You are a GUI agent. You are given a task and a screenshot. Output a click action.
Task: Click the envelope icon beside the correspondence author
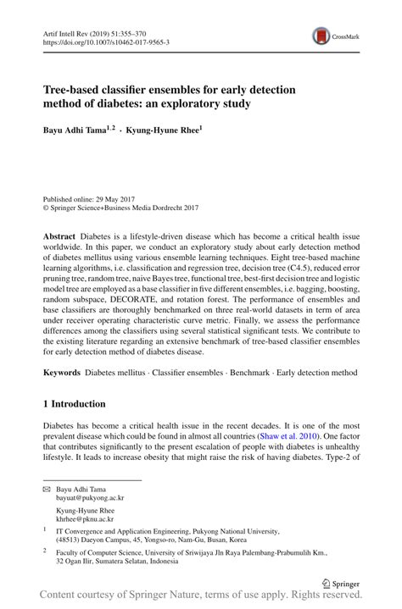pos(47,490)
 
